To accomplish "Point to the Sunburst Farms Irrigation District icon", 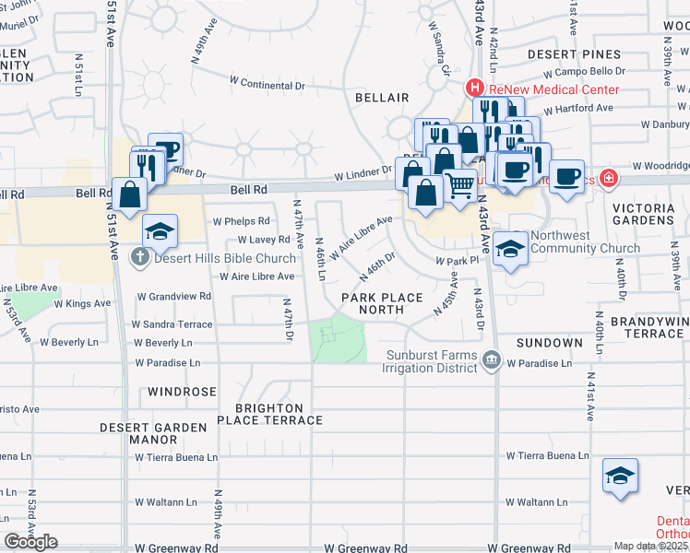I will [x=491, y=361].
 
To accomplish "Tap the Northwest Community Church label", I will [x=585, y=241].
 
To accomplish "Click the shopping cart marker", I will [x=459, y=185].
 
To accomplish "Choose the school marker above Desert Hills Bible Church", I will [x=160, y=229].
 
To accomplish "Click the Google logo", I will [x=31, y=541].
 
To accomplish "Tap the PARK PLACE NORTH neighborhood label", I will [x=382, y=303].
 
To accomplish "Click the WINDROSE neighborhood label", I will [x=182, y=392].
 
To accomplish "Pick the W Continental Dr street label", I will [x=267, y=84].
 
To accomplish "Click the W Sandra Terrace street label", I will [x=172, y=324].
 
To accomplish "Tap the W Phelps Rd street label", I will [x=241, y=221].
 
